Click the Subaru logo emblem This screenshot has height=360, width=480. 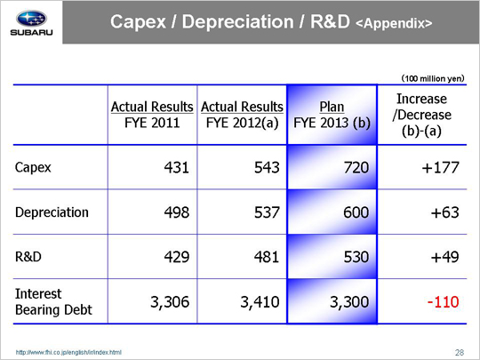coord(31,19)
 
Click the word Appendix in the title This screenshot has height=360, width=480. coord(394,24)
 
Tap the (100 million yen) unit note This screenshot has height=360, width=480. coord(433,78)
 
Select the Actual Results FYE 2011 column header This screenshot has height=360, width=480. coord(152,115)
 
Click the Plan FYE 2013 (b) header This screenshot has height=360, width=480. coord(332,115)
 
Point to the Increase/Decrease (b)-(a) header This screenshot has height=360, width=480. coord(422,115)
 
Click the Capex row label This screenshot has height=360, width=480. coord(33,167)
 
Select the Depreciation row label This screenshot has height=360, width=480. coord(52,212)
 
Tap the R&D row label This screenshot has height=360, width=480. coord(28,257)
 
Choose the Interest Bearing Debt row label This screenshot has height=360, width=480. coord(53,301)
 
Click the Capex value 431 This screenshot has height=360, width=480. coord(176,167)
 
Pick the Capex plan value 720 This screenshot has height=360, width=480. coord(356,167)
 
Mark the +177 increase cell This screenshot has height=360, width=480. coord(440,167)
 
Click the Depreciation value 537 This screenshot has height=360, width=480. coord(267,212)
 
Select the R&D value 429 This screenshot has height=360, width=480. coord(176,257)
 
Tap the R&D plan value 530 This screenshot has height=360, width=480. coord(356,257)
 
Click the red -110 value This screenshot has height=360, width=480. coord(443,302)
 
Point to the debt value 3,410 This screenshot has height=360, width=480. coord(260,302)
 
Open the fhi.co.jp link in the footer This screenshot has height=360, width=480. coord(68,352)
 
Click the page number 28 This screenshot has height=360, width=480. coord(460,353)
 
